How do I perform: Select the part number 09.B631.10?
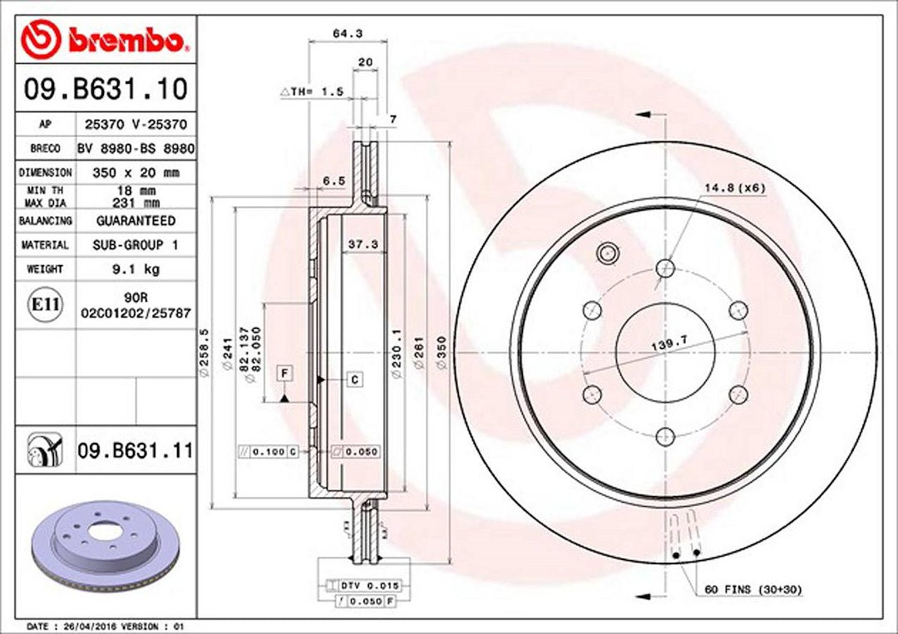point(106,89)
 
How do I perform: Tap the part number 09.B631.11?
point(136,451)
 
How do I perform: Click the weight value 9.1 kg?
point(136,269)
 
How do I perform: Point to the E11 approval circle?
point(45,304)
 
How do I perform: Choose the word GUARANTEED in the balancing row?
point(136,221)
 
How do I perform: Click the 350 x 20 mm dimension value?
point(136,172)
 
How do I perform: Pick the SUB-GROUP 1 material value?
point(136,245)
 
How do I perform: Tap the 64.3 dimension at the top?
point(348,34)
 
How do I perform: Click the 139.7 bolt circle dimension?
point(669,343)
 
